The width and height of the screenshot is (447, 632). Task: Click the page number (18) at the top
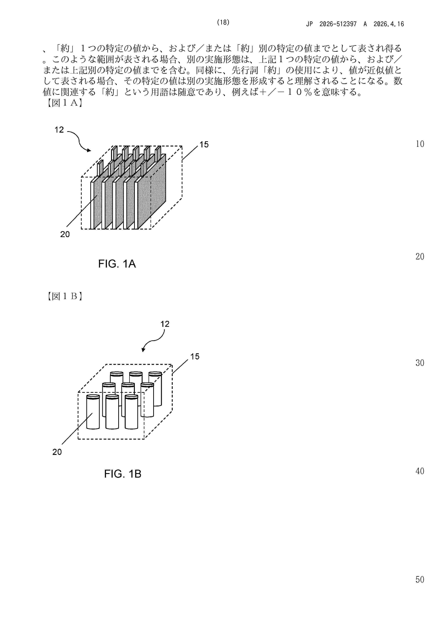pos(223,23)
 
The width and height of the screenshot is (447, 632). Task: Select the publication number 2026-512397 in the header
pos(338,24)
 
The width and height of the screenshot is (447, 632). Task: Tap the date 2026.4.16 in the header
pos(389,24)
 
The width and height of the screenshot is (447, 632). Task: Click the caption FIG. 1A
pos(117,264)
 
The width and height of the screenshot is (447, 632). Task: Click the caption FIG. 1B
pos(123,474)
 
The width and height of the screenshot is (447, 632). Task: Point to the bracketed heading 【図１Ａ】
pos(64,103)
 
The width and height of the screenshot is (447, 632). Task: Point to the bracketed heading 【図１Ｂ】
pos(64,296)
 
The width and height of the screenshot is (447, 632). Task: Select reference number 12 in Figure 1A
pos(59,130)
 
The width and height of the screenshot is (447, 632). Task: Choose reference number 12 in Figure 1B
pos(165,324)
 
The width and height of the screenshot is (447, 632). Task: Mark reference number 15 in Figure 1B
pos(195,357)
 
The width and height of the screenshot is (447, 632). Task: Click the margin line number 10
pos(420,144)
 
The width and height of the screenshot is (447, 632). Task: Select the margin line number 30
pos(420,363)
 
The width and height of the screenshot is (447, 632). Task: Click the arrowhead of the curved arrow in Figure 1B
pos(143,350)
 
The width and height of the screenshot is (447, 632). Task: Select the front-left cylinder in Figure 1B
pos(93,412)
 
